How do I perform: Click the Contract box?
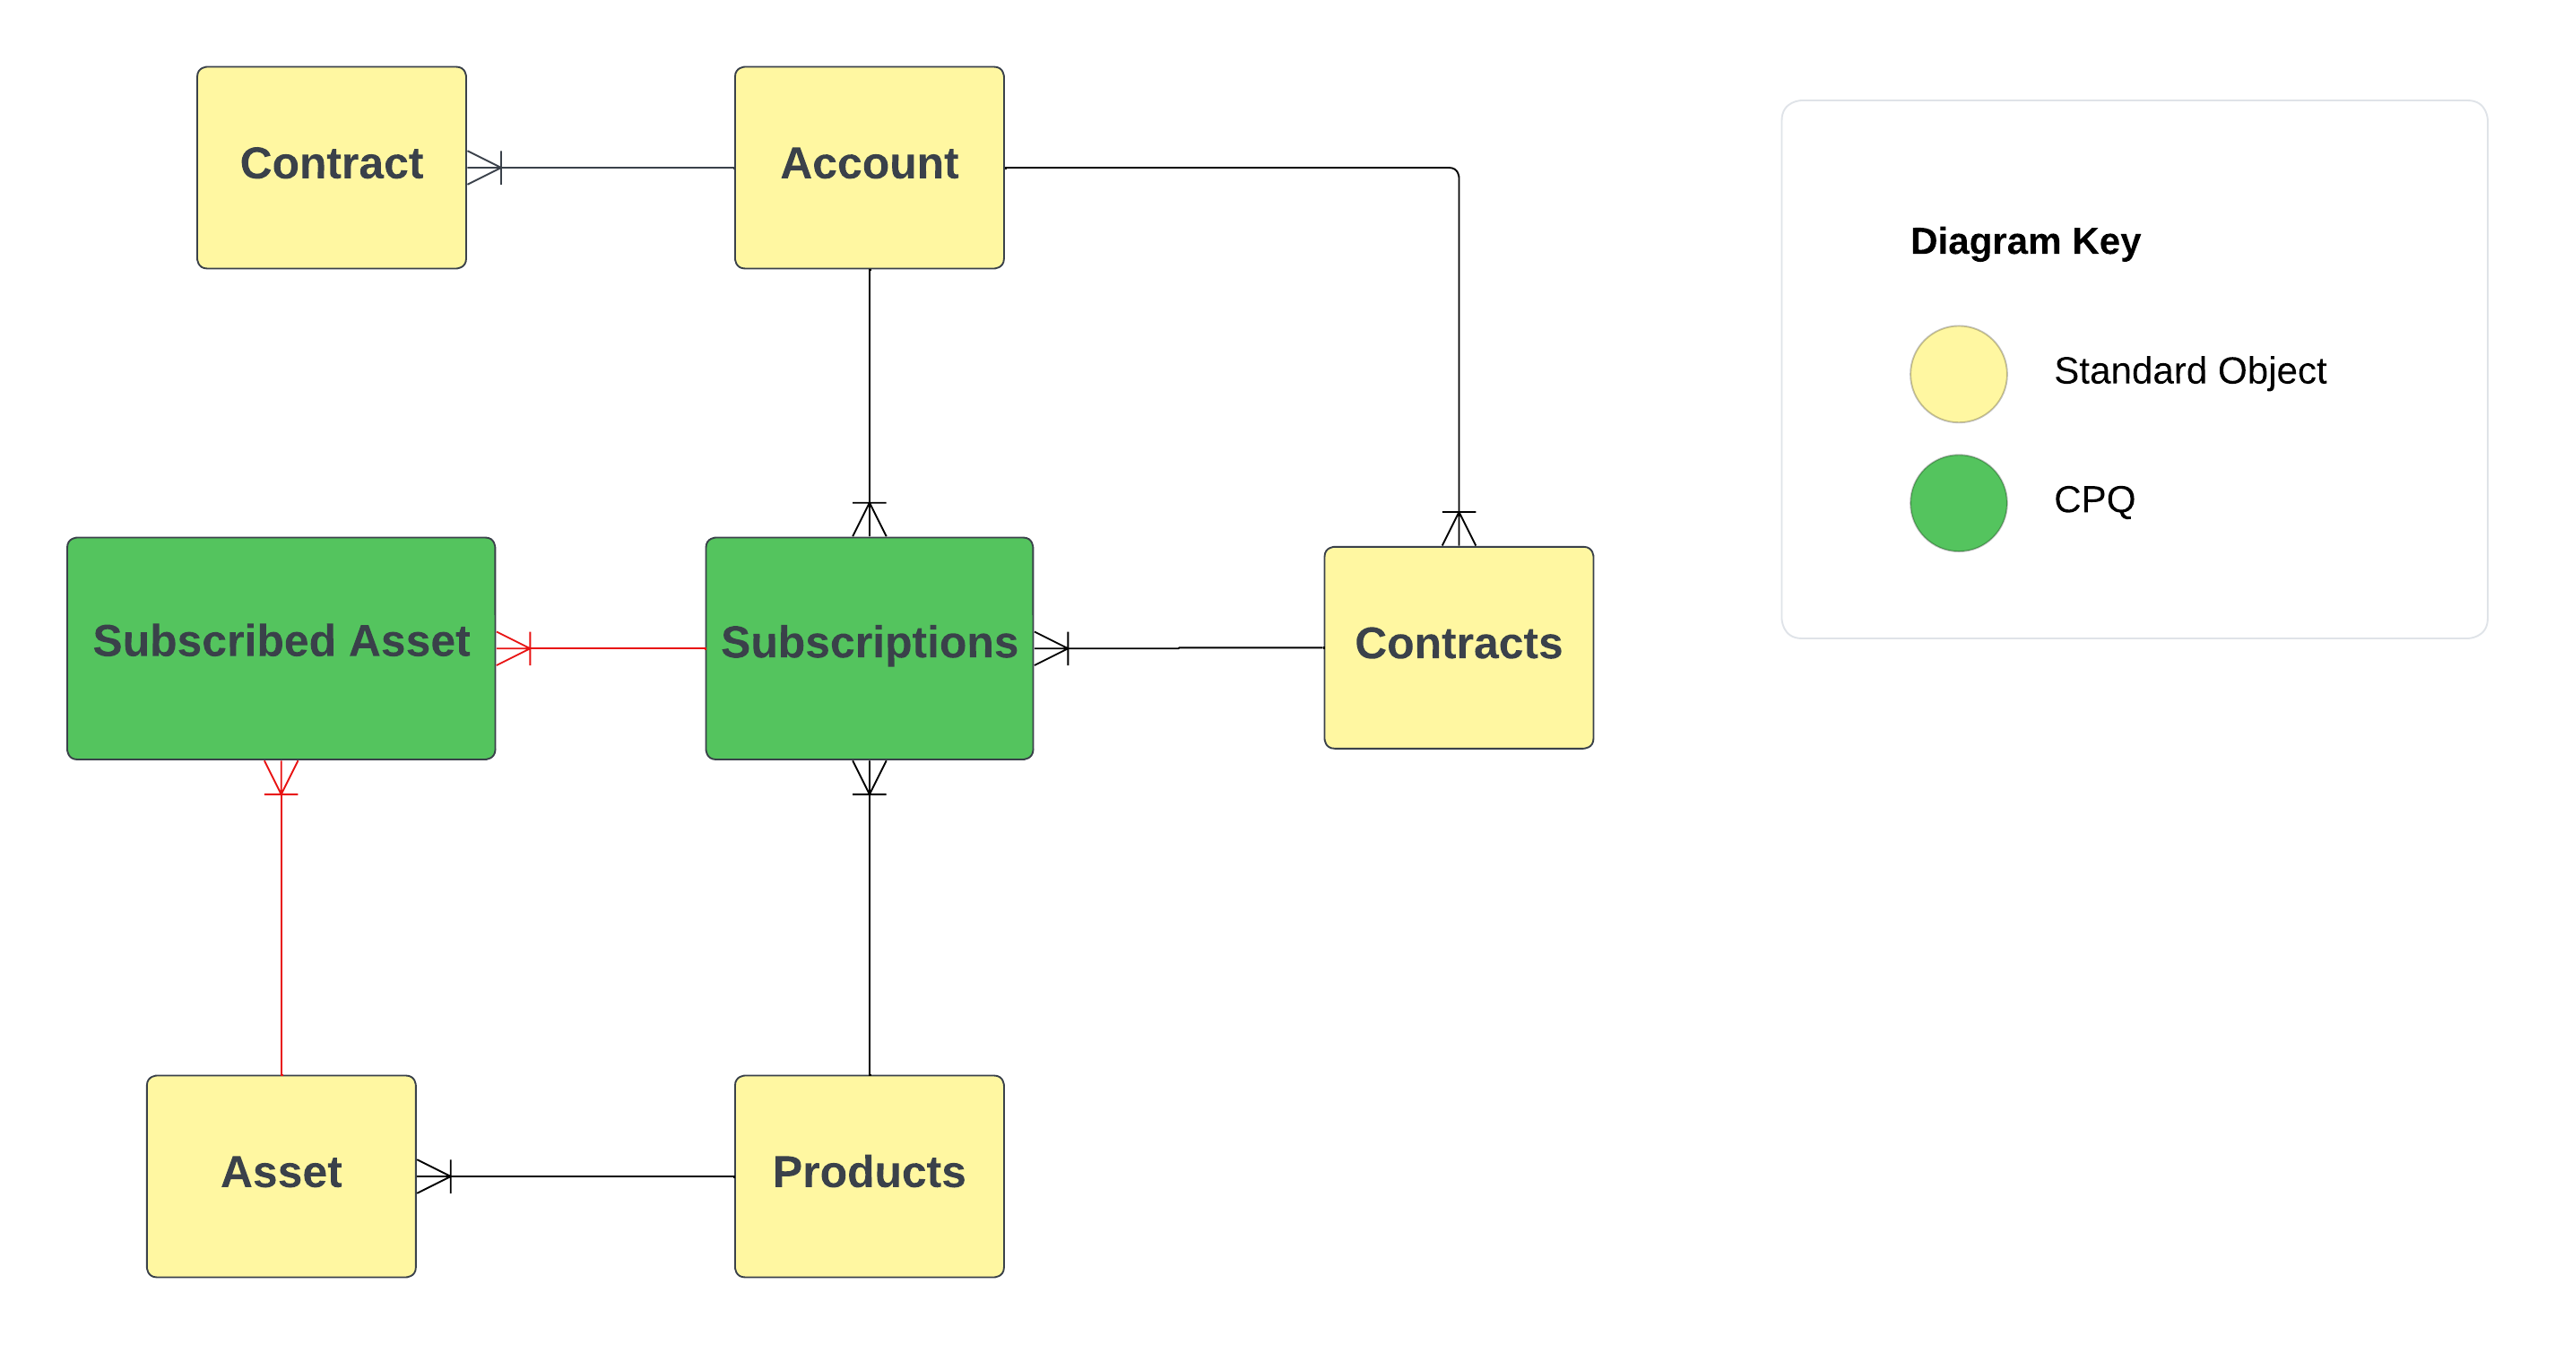tap(332, 168)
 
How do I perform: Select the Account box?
tap(869, 168)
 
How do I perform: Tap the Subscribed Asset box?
tap(281, 647)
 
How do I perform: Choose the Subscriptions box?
tap(869, 647)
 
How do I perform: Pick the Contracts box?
tap(1458, 646)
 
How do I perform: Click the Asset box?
tap(281, 1176)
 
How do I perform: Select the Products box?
tap(869, 1176)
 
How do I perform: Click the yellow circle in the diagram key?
tap(1958, 374)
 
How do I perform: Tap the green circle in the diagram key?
tap(1958, 503)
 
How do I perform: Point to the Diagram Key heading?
tap(2024, 241)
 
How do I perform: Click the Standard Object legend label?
tap(2189, 371)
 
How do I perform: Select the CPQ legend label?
tap(2094, 499)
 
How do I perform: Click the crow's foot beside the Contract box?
tap(485, 168)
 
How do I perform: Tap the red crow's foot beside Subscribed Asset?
tap(514, 647)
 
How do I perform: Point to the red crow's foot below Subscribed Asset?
tap(281, 777)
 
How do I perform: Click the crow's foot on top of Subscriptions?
tap(869, 519)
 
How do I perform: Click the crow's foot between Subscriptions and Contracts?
tap(1052, 647)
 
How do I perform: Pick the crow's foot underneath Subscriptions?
tap(869, 777)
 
